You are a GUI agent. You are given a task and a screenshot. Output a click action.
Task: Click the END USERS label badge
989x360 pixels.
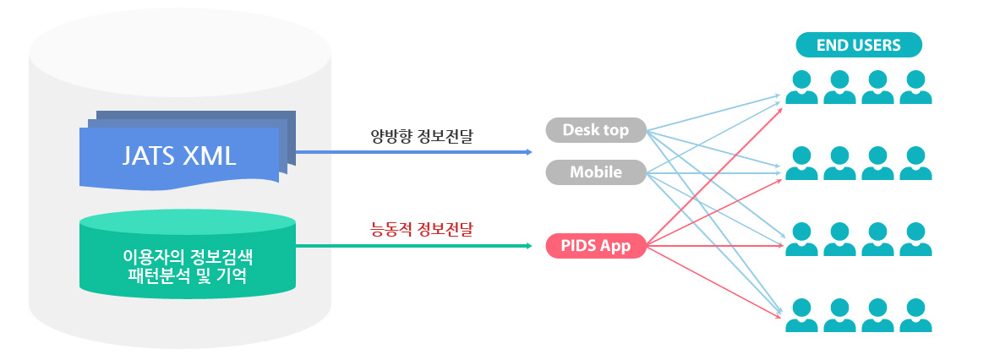click(859, 45)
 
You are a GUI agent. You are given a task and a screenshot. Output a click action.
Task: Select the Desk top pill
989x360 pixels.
click(596, 130)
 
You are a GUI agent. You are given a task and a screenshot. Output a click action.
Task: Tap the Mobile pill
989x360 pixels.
click(596, 172)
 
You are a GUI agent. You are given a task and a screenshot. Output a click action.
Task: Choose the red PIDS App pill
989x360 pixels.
click(596, 245)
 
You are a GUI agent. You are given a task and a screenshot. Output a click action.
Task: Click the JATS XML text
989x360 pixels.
click(179, 156)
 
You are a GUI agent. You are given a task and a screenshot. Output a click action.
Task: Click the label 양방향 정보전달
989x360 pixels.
click(421, 136)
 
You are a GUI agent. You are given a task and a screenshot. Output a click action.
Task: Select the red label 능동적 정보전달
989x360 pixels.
click(421, 229)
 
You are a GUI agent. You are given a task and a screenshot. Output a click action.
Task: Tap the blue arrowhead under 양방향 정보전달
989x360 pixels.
click(528, 152)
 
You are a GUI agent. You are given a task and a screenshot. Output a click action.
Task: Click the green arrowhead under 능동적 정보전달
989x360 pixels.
click(528, 246)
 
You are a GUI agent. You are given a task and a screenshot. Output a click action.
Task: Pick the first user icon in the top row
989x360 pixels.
click(801, 87)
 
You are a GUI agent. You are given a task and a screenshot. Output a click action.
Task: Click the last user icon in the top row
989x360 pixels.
click(915, 87)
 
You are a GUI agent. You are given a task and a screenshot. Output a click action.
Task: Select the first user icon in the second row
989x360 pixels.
click(801, 163)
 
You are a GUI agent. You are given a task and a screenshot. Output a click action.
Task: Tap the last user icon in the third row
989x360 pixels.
click(915, 240)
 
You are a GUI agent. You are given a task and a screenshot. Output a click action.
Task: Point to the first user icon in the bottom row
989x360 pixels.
click(801, 315)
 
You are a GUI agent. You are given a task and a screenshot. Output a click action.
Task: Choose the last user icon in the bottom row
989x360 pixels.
click(915, 315)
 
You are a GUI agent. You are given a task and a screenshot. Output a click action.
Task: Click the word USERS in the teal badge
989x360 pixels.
click(876, 46)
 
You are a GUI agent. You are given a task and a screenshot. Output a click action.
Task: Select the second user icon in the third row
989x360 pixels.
click(839, 240)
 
